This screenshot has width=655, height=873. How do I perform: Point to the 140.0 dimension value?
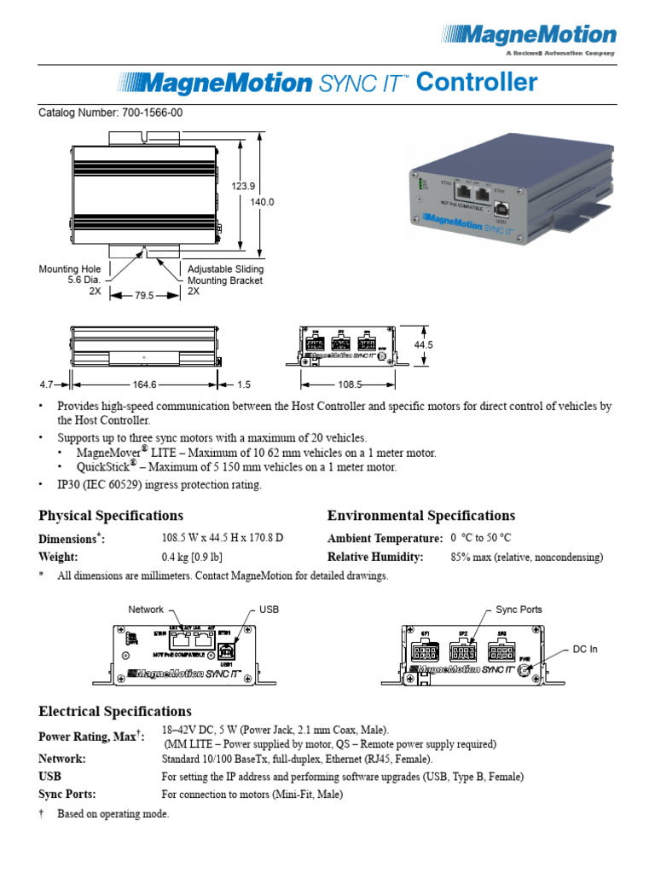[x=262, y=202]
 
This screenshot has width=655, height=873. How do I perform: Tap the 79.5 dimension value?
[x=145, y=296]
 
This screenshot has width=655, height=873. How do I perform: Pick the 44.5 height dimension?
[x=424, y=345]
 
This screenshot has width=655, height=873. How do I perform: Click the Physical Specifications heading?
[x=111, y=516]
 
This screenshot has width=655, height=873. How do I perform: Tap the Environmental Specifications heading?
[x=421, y=516]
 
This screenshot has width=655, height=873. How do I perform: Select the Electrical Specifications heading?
[x=115, y=711]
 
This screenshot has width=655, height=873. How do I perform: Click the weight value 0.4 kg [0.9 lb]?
[x=192, y=557]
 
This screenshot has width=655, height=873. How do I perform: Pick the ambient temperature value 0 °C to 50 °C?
[x=480, y=538]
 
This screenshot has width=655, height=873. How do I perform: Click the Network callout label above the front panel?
[x=146, y=610]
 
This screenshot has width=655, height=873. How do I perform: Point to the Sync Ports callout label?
[x=519, y=610]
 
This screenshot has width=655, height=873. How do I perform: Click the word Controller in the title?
[x=478, y=83]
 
